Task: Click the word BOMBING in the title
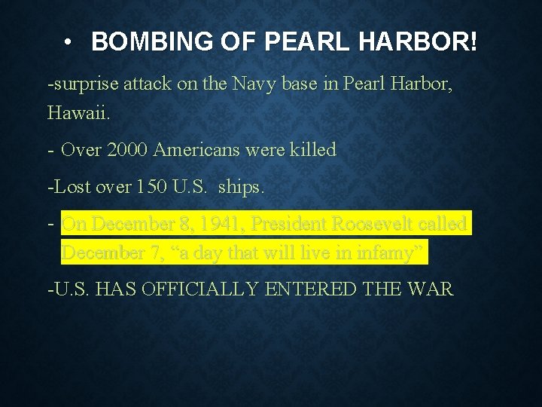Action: (x=135, y=42)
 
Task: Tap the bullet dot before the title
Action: (x=68, y=42)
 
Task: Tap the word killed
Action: (x=309, y=150)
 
